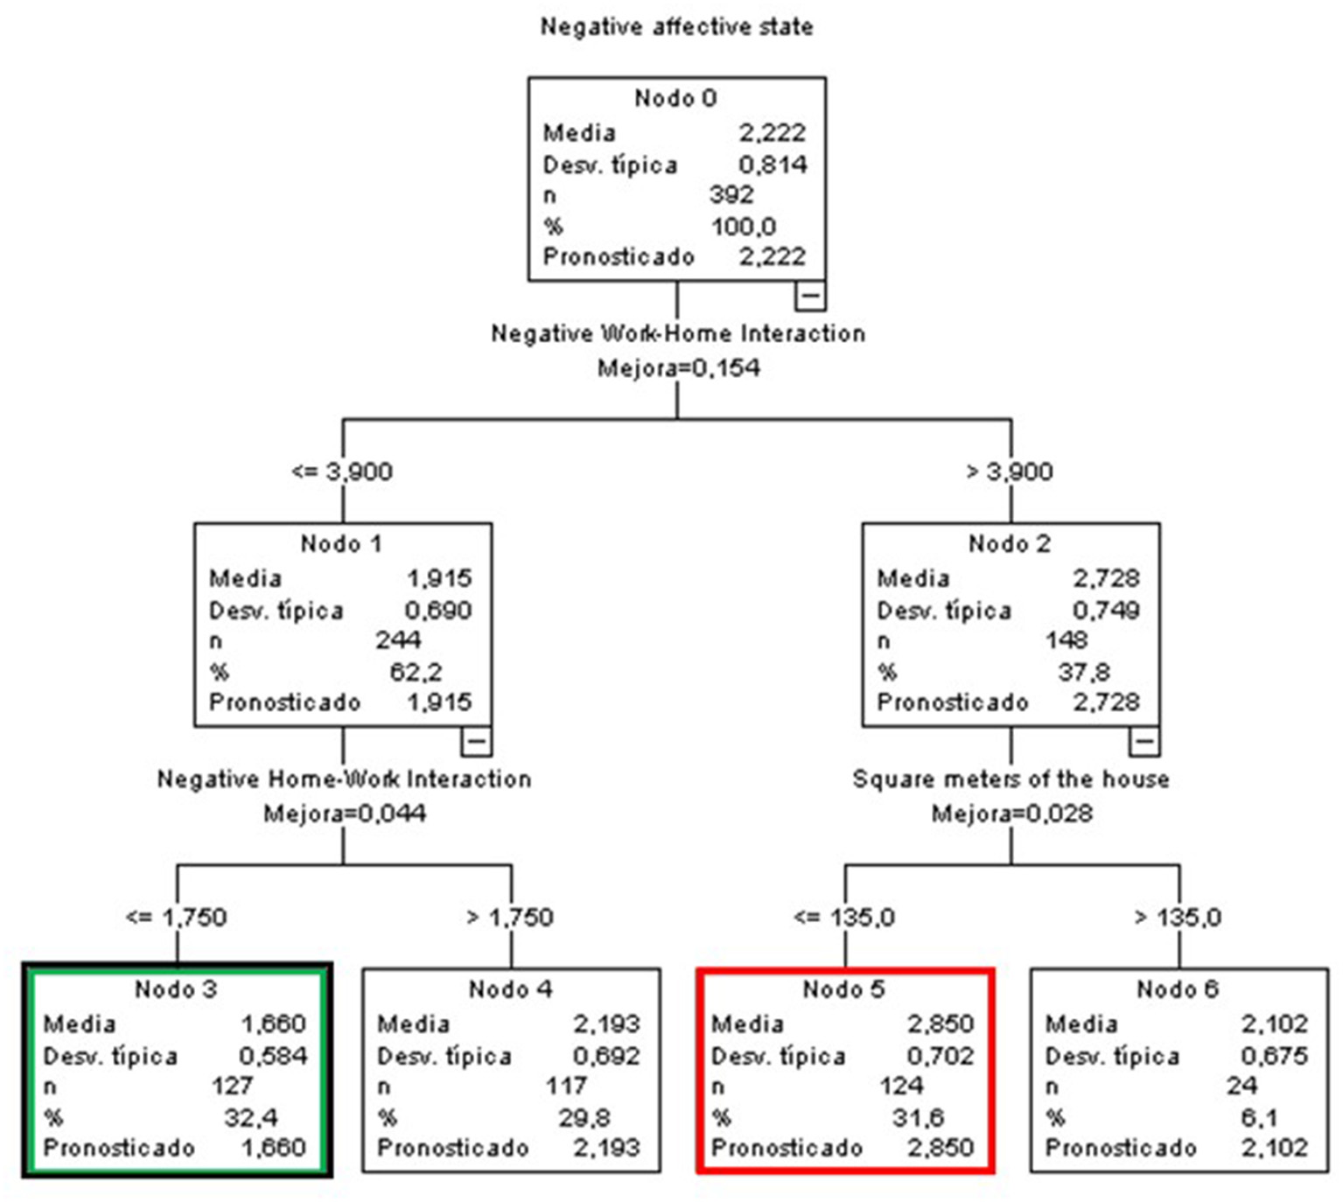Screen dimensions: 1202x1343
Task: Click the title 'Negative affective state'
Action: coord(676,27)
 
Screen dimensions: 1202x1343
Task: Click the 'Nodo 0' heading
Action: coord(675,98)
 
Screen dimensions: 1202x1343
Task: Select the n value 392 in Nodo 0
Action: coord(731,194)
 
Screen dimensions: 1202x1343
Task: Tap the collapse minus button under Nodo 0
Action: coord(809,296)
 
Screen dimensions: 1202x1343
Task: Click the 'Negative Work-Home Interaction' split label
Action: coord(677,333)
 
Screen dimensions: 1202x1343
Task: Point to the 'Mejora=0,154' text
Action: coord(678,367)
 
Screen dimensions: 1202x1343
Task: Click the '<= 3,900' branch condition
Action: coord(342,472)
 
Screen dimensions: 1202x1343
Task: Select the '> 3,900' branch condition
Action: coord(1010,472)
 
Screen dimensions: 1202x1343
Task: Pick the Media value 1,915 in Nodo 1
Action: coord(439,578)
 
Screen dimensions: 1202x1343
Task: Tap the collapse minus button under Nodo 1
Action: coord(476,742)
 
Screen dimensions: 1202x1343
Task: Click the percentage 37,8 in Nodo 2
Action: coord(1083,672)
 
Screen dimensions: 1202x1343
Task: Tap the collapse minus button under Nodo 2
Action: coord(1144,742)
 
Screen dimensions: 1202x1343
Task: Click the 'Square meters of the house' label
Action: coord(1011,779)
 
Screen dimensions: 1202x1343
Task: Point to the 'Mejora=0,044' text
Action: coord(345,814)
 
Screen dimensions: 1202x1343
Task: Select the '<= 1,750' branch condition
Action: coord(176,917)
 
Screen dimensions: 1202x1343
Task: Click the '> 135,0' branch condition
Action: coord(1178,917)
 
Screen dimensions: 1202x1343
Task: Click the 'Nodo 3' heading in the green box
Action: coord(176,989)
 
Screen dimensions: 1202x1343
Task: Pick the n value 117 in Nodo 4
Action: coord(566,1086)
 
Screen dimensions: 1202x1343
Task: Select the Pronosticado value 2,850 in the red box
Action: coord(940,1147)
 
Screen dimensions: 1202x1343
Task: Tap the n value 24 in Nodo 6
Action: coord(1242,1086)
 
